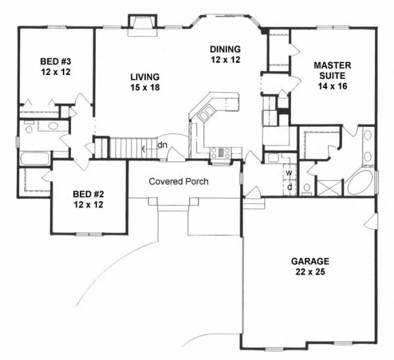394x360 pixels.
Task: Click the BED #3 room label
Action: (x=56, y=66)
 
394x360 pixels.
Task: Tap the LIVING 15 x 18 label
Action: (x=145, y=82)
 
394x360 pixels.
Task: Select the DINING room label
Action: (x=225, y=55)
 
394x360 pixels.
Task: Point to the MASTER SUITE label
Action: (x=332, y=76)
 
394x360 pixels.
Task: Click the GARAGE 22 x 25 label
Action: (x=310, y=267)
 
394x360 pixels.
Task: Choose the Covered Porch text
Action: (x=179, y=181)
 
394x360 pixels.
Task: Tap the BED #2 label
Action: (x=89, y=199)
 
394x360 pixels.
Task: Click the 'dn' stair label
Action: (x=162, y=145)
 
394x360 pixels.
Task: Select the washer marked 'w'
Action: (x=289, y=173)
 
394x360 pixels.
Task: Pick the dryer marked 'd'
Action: (x=290, y=187)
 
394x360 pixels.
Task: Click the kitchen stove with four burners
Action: (x=221, y=153)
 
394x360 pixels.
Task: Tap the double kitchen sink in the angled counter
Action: (x=207, y=113)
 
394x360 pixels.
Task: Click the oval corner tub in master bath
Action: (x=360, y=183)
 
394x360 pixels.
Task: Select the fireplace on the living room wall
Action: (x=142, y=25)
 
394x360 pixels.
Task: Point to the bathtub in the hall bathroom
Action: (x=35, y=158)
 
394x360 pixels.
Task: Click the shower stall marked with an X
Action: (x=330, y=187)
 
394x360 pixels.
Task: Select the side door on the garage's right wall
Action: (x=372, y=221)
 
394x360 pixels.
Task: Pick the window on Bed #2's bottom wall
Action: (x=89, y=235)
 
